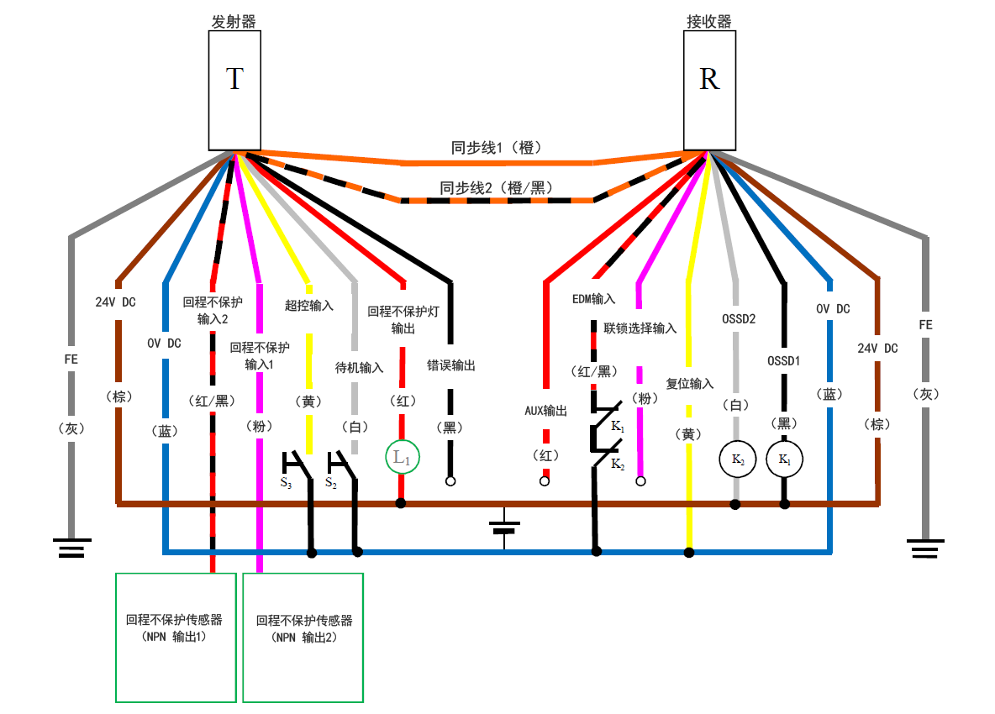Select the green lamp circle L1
coord(402,458)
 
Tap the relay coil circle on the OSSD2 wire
coord(735,459)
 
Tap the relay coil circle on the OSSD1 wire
coord(785,459)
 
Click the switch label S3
coord(287,485)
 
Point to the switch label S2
coord(331,485)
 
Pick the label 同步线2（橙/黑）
coord(497,188)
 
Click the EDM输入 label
coord(594,298)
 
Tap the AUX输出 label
coord(545,411)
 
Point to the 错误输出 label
coord(451,365)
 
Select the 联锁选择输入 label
coord(640,328)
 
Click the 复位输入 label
coord(690,383)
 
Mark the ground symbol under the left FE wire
coord(72,548)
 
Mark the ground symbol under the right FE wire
coord(925,548)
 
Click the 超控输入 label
coord(309,306)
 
